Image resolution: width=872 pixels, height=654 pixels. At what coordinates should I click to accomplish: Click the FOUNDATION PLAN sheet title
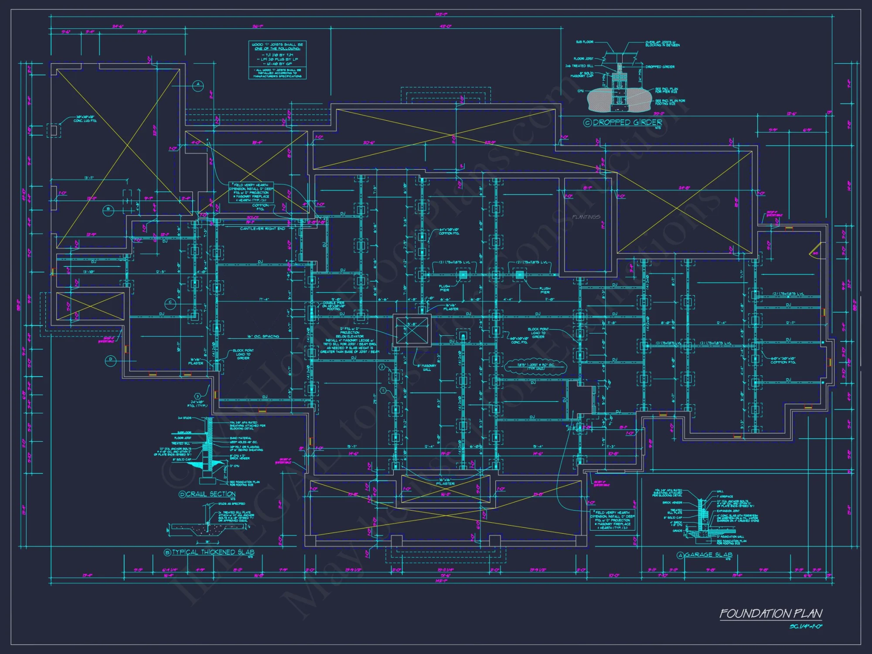[770, 613]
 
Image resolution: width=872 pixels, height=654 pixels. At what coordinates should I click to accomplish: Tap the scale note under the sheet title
[805, 627]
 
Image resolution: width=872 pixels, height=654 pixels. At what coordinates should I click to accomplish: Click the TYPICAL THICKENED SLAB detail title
[213, 552]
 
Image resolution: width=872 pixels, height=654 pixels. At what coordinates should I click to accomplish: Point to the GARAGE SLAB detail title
[708, 555]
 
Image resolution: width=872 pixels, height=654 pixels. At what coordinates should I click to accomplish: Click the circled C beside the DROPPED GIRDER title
[587, 123]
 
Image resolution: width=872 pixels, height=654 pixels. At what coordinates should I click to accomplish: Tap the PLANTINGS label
[586, 217]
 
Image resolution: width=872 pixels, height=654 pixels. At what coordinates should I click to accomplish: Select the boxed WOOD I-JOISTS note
[277, 60]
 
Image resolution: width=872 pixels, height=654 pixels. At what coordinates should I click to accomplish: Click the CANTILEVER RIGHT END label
[262, 228]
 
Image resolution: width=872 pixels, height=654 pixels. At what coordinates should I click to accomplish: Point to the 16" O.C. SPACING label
[263, 336]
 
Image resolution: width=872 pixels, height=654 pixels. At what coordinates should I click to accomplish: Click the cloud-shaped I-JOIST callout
[535, 366]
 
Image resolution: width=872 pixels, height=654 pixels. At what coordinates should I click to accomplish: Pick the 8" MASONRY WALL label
[426, 368]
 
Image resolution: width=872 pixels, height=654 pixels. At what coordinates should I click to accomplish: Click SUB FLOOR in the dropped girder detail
[584, 42]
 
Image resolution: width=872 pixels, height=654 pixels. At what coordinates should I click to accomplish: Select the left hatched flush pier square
[463, 275]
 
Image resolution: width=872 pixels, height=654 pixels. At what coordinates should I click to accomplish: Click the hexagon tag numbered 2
[382, 367]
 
